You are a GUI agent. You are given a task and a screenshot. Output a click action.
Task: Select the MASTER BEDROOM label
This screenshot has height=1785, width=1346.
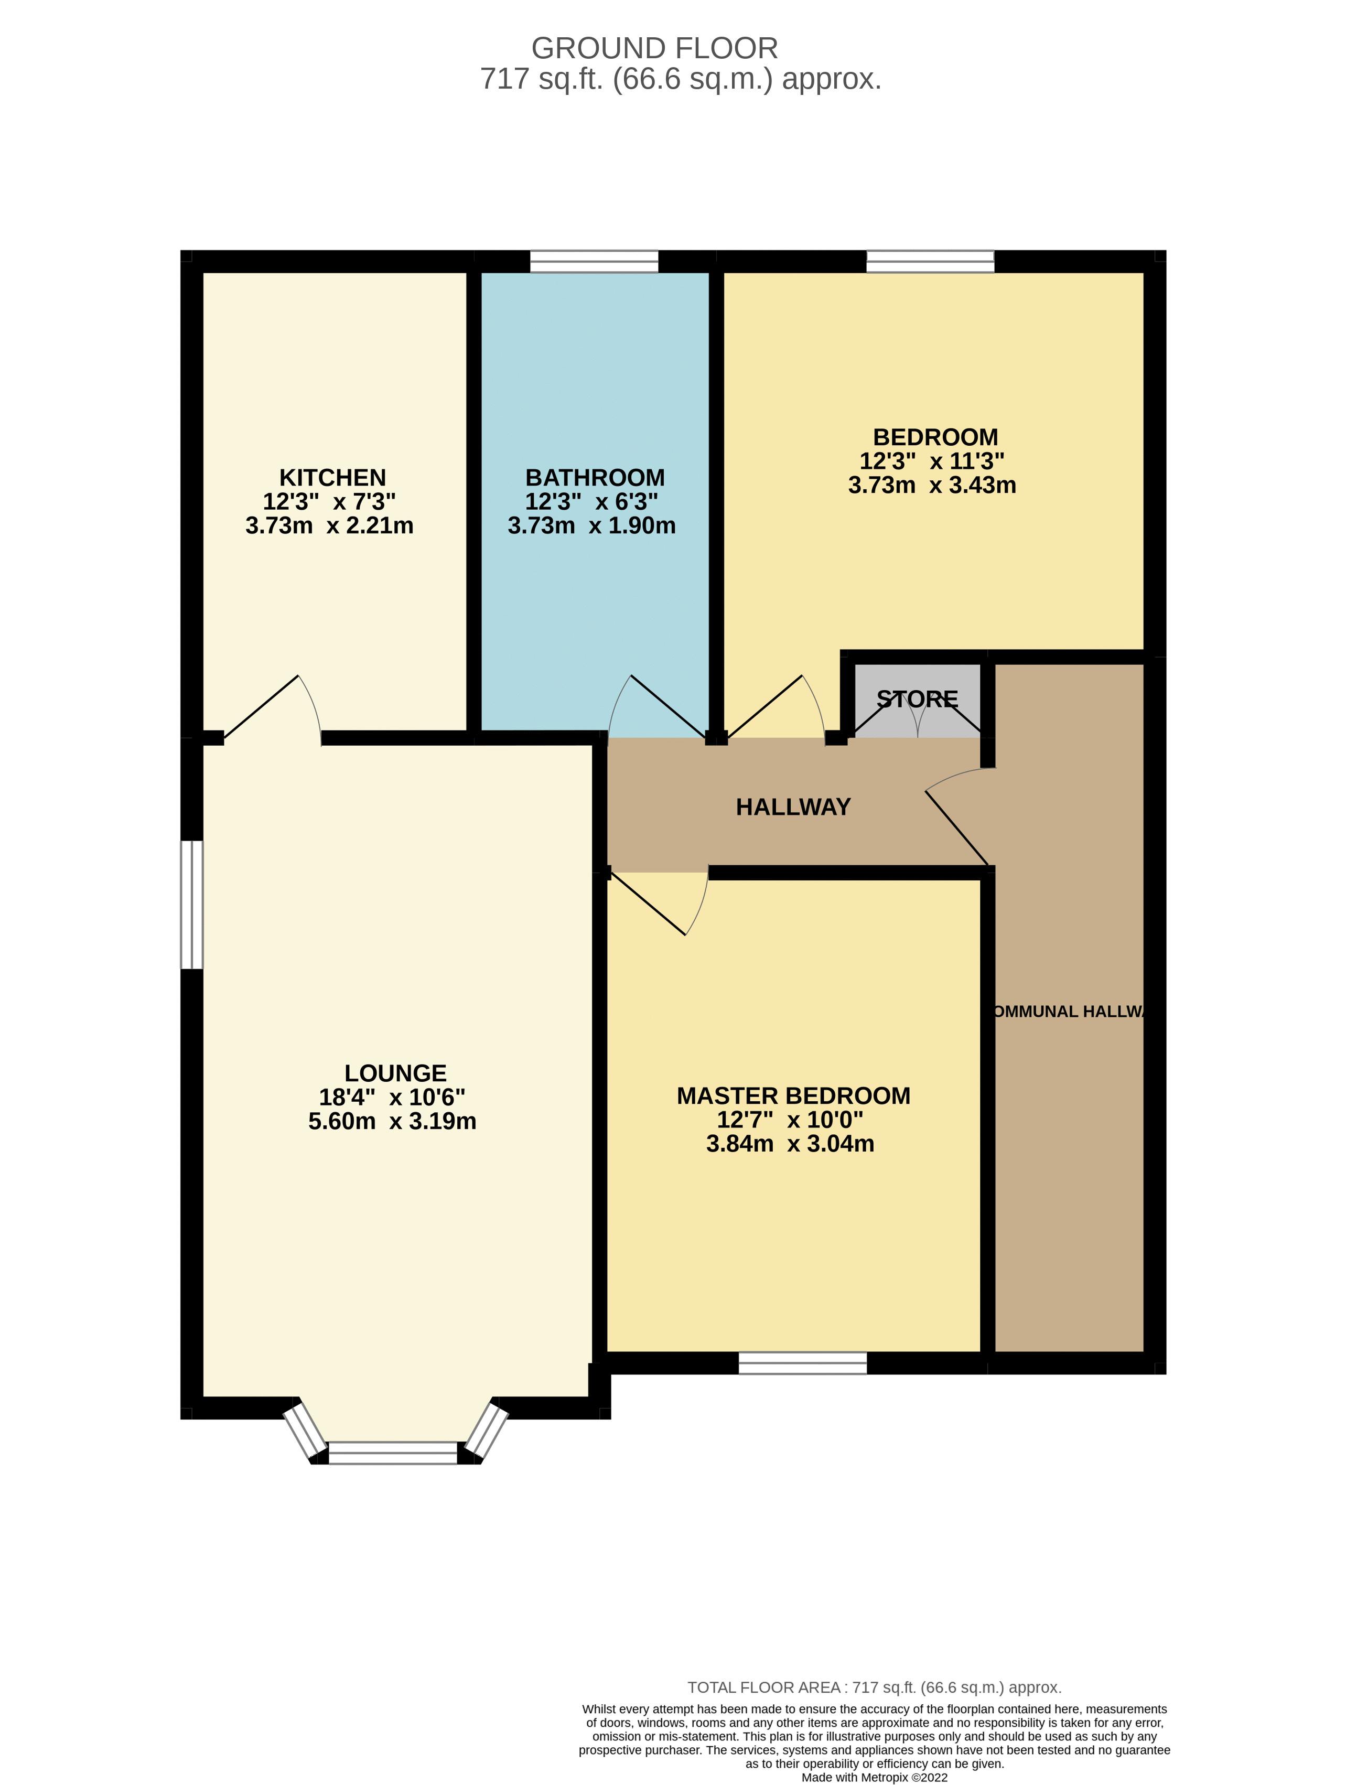pos(793,1096)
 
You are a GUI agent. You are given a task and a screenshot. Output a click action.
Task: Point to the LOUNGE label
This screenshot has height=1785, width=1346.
pos(395,1073)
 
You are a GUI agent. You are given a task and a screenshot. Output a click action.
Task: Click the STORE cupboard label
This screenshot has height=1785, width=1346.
pos(918,699)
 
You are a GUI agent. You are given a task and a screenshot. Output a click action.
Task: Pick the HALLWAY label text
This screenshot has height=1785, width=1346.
pos(793,807)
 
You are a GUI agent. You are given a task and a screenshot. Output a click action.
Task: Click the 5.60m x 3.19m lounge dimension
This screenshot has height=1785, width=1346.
pos(392,1122)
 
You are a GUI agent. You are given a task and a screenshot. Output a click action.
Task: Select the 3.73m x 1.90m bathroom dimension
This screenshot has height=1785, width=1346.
pos(591,525)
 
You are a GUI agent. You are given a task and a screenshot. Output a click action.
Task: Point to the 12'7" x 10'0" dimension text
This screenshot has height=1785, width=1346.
pos(790,1120)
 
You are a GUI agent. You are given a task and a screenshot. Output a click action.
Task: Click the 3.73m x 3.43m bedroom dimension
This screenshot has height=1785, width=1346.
pos(932,485)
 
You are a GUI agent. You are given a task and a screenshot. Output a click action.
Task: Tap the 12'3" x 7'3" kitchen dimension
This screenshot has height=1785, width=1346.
pos(329,501)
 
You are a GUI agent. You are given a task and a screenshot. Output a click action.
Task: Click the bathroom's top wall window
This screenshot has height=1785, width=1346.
pos(594,262)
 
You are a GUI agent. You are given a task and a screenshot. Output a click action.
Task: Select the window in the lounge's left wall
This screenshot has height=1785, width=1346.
pos(191,905)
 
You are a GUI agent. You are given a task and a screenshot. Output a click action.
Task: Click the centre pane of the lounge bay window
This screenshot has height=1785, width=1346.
pos(393,1454)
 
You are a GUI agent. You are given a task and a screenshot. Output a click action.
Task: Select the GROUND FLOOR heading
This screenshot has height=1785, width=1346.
pos(654,48)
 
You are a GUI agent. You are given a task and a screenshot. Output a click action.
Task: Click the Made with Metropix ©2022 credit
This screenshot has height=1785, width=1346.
pos(874,1777)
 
